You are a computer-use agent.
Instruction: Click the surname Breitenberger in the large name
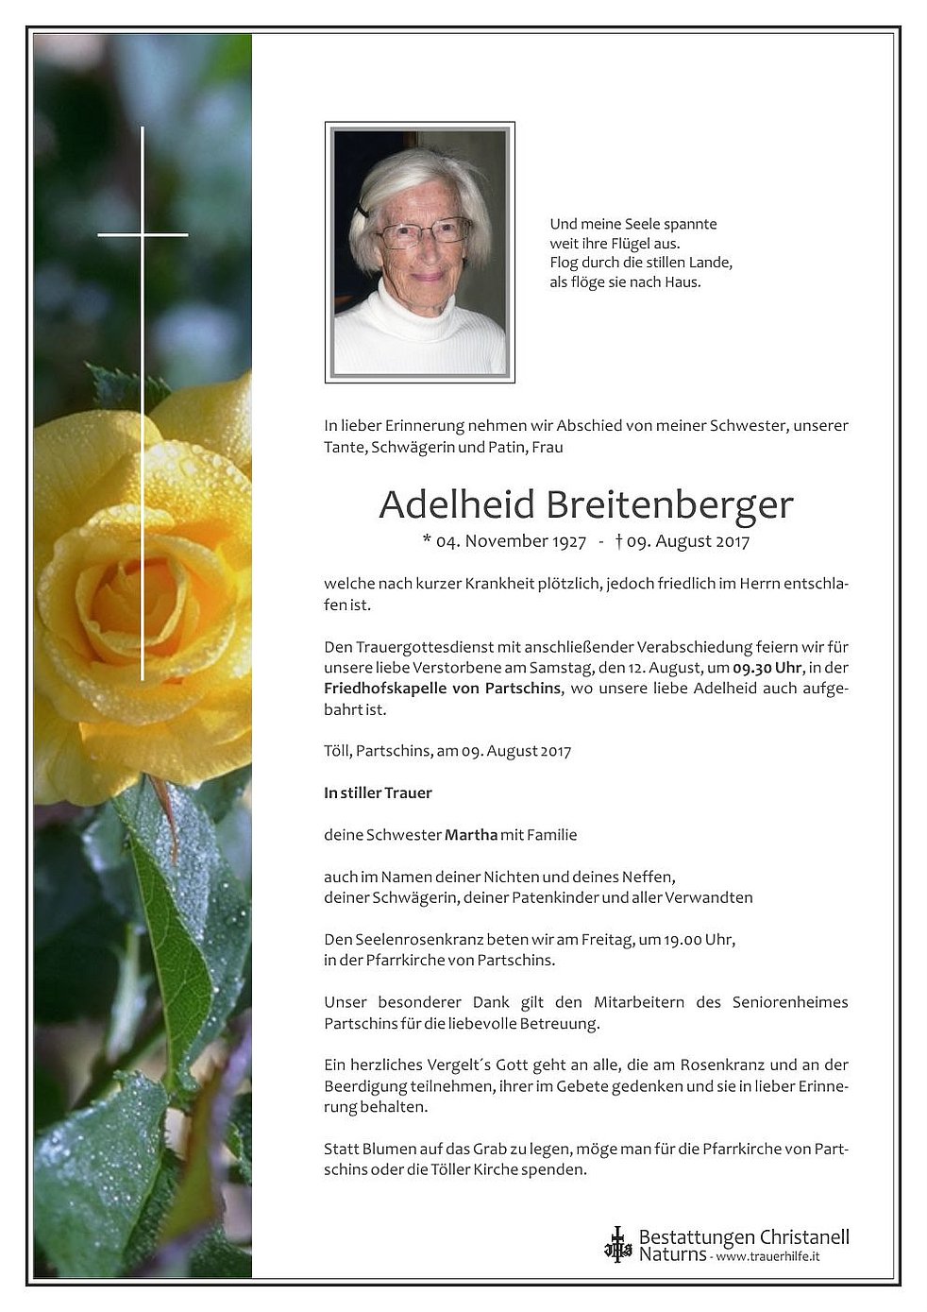pyautogui.click(x=669, y=505)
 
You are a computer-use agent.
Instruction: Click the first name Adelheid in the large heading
pyautogui.click(x=457, y=505)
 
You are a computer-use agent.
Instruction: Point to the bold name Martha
pyautogui.click(x=471, y=835)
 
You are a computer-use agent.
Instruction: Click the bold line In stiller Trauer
pyautogui.click(x=378, y=793)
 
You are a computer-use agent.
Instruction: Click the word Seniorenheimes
pyautogui.click(x=790, y=1002)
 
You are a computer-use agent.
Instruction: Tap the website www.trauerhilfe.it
pyautogui.click(x=767, y=1257)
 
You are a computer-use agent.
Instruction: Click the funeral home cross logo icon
pyautogui.click(x=617, y=1245)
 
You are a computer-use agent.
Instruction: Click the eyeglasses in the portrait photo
pyautogui.click(x=424, y=232)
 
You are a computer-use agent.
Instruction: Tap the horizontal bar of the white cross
pyautogui.click(x=143, y=234)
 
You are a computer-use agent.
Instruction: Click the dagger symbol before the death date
pyautogui.click(x=618, y=541)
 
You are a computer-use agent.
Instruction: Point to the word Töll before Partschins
pyautogui.click(x=337, y=752)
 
